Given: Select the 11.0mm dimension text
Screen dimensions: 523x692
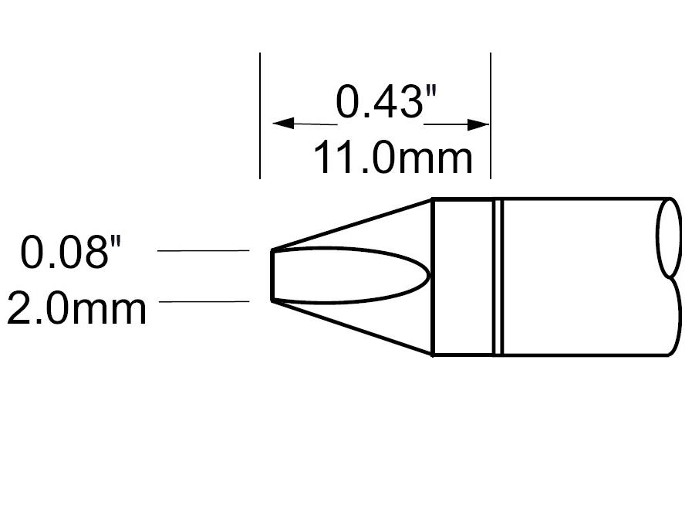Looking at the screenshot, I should pyautogui.click(x=392, y=158).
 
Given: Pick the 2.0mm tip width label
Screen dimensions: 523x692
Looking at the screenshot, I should pyautogui.click(x=76, y=308).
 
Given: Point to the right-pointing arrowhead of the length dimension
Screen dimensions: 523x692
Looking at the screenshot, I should pyautogui.click(x=480, y=124).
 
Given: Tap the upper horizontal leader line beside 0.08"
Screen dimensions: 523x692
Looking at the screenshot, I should pyautogui.click(x=202, y=251).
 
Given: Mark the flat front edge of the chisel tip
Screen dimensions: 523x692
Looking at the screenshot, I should pyautogui.click(x=272, y=275).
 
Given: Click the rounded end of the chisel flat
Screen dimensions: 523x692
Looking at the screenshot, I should pyautogui.click(x=427, y=274).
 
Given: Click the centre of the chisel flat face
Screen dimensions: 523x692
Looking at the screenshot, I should pyautogui.click(x=347, y=274).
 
